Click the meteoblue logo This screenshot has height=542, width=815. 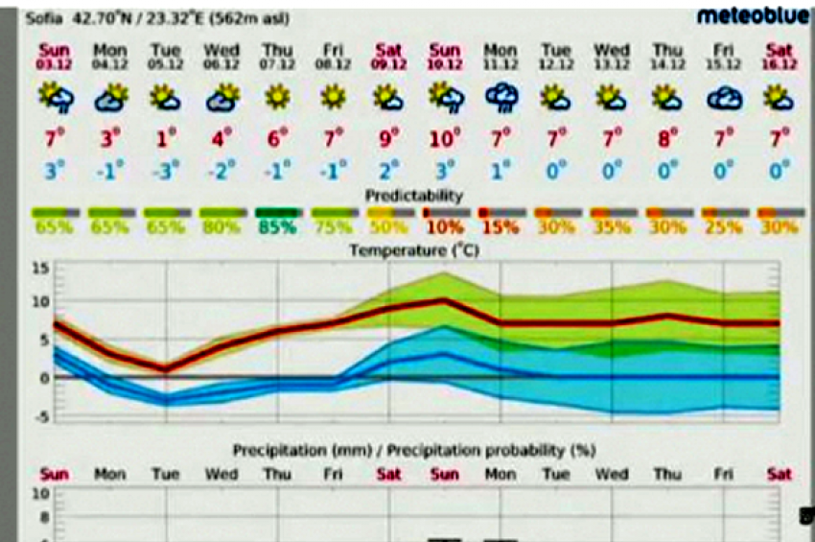click(x=753, y=16)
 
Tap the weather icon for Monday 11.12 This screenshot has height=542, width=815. click(x=500, y=97)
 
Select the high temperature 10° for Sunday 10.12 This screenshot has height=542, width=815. click(x=444, y=139)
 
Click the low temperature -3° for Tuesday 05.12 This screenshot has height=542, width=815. click(x=165, y=172)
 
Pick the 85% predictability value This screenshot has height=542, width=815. click(x=278, y=228)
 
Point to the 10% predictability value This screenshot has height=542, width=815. click(x=444, y=228)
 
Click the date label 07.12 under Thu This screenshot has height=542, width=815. click(x=278, y=63)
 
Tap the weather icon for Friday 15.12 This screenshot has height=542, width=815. click(x=723, y=97)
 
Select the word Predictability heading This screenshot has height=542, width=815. click(x=414, y=196)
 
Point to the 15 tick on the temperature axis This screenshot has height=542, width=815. click(x=39, y=267)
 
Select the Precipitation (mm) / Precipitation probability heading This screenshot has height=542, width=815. click(x=413, y=450)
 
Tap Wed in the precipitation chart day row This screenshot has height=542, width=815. click(x=221, y=474)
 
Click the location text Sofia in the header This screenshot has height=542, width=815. click(x=40, y=17)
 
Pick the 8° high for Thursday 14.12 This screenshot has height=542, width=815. click(x=666, y=139)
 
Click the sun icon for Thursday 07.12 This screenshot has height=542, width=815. click(x=278, y=96)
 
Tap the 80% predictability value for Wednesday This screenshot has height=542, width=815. click(x=221, y=228)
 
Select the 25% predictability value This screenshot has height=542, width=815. click(x=722, y=228)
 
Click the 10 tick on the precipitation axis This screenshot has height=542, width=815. click(x=41, y=495)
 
